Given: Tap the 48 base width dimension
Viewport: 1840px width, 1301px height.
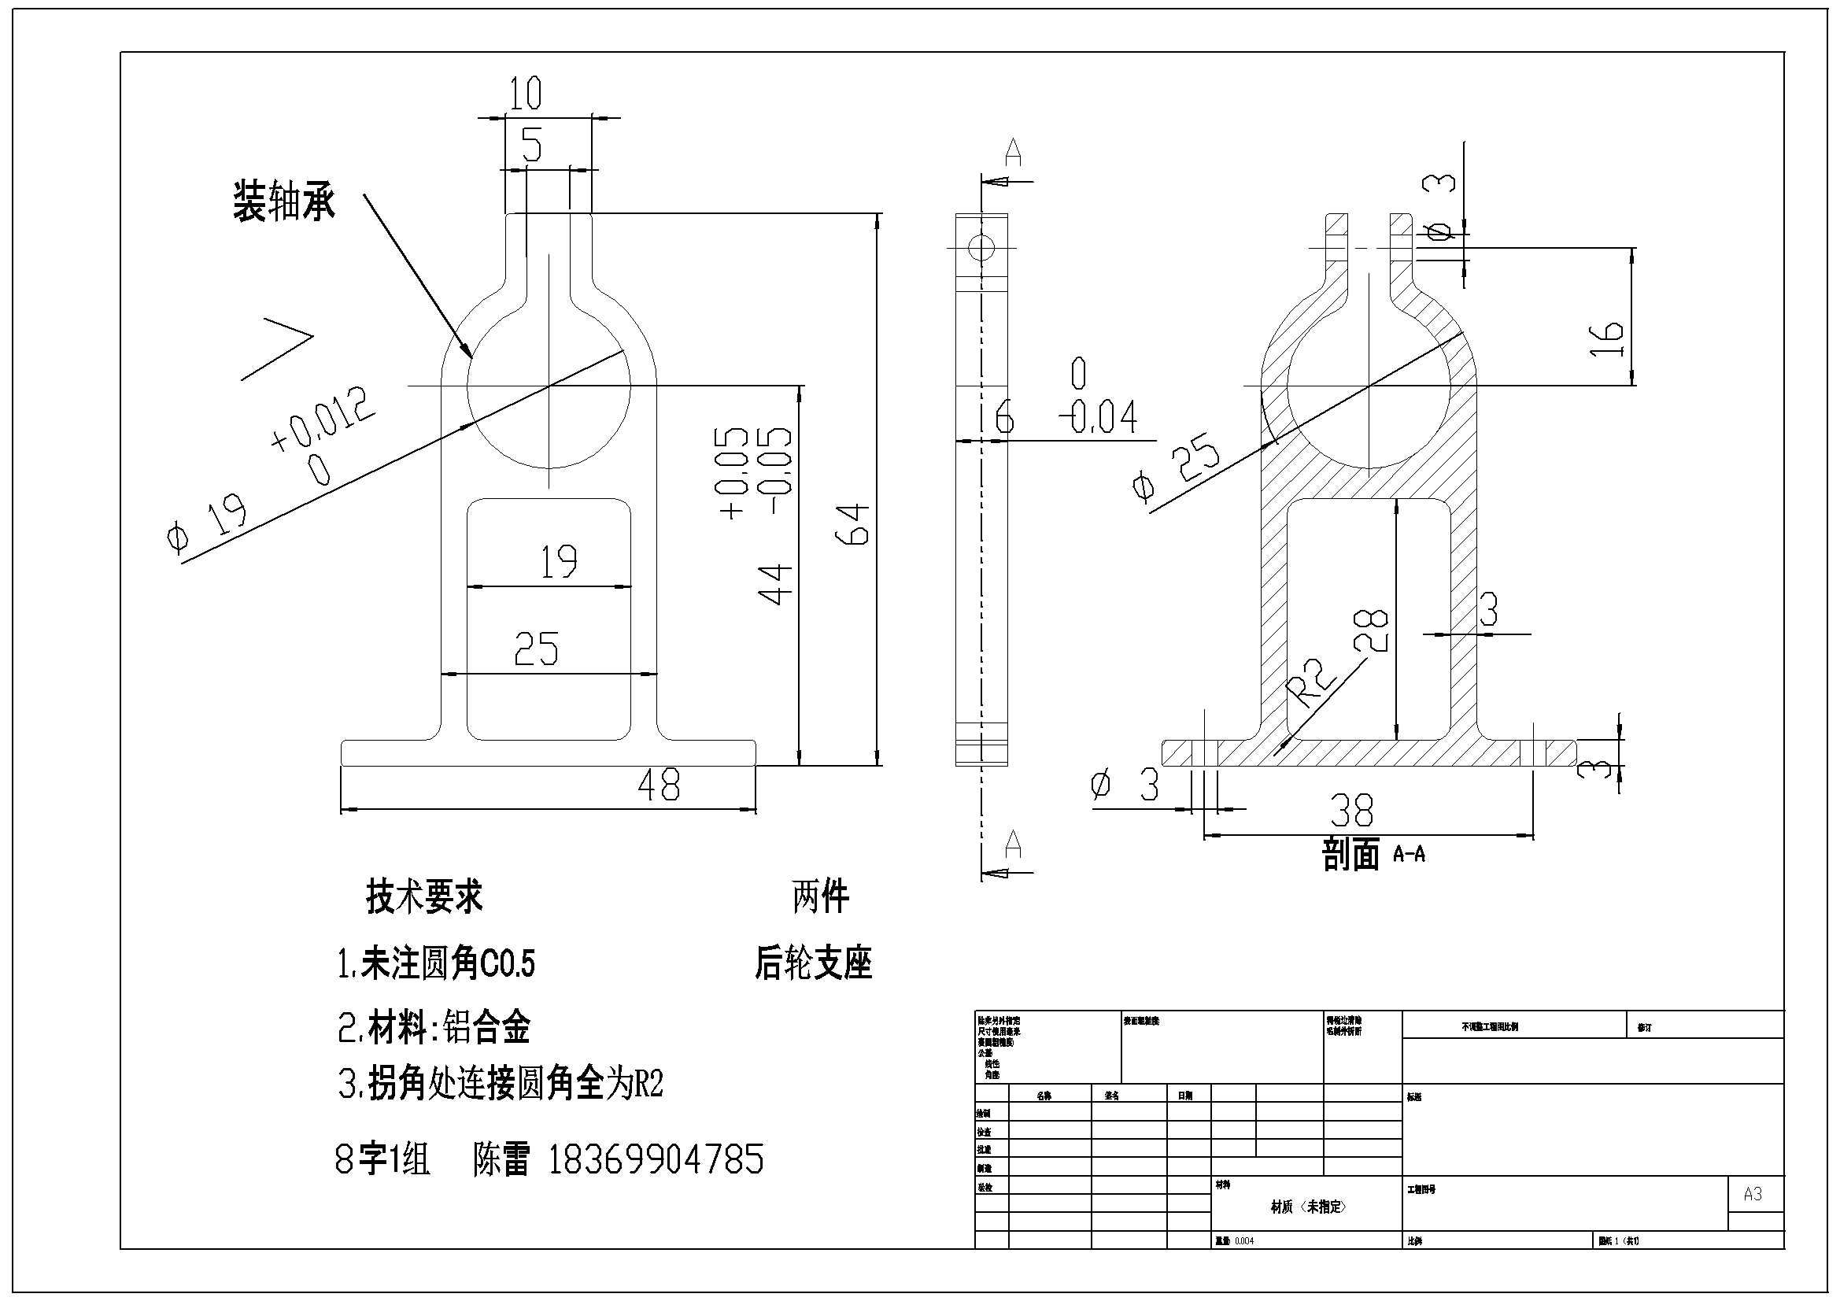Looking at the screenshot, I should [x=659, y=785].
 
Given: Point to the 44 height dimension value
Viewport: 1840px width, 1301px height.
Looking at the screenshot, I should [x=776, y=583].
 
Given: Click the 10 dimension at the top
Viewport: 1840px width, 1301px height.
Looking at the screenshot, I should [x=526, y=93].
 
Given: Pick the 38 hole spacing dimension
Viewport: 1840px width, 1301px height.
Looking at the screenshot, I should [x=1352, y=810].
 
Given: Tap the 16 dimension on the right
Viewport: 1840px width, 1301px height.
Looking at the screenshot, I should [x=1607, y=339].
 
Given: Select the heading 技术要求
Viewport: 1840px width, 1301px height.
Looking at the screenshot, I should [x=424, y=896].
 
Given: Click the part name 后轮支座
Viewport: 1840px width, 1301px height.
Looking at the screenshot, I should [x=813, y=963].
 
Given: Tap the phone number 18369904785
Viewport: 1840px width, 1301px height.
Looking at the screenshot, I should [x=656, y=1159].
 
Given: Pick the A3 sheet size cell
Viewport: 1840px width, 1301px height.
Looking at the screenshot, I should [x=1753, y=1194].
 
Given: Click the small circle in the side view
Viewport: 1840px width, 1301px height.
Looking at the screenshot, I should [x=981, y=247].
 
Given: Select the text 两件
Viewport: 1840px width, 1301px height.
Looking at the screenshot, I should [x=820, y=896].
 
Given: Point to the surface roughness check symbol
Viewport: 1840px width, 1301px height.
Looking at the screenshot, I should [x=276, y=349].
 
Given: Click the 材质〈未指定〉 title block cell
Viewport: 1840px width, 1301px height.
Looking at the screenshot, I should [x=1308, y=1207].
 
